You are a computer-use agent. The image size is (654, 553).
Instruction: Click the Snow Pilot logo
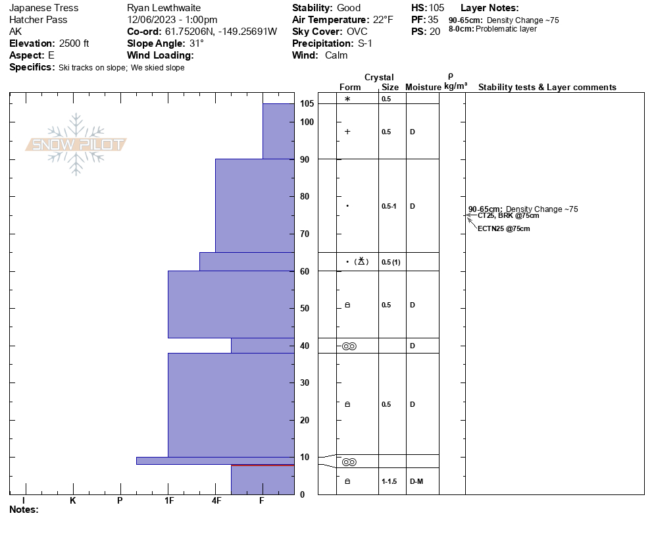tap(76, 145)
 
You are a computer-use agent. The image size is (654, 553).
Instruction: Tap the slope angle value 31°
tap(197, 43)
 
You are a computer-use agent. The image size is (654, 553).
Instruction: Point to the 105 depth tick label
tap(307, 104)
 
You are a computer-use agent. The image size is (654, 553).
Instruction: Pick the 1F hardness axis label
tap(169, 501)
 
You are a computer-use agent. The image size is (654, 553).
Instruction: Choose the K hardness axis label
tap(73, 501)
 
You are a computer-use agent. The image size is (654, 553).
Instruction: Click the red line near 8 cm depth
tap(263, 465)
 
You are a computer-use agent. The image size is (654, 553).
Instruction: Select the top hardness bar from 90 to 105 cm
tap(278, 131)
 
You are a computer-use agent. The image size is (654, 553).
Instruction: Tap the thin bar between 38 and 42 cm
tap(263, 346)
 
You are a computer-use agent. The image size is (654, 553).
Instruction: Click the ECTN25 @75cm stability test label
tap(503, 229)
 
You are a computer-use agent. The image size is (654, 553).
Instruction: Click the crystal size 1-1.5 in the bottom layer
tap(390, 482)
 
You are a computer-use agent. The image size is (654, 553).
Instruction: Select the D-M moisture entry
tap(416, 482)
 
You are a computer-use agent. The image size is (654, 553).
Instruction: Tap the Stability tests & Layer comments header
tap(547, 88)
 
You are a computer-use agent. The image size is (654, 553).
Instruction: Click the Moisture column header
tap(423, 88)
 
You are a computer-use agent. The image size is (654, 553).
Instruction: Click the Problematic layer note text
tap(506, 29)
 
